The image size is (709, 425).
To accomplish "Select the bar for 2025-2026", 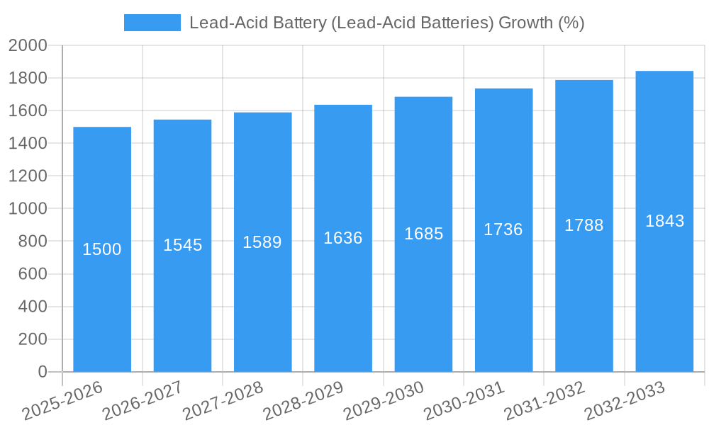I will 102,249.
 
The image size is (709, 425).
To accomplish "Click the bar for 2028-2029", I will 343,238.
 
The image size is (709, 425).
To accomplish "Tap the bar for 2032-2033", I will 664,221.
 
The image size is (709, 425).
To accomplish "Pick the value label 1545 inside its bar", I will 183,245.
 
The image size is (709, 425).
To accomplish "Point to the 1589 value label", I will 262,242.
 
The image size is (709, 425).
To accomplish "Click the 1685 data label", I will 424,234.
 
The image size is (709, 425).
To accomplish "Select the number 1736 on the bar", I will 503,229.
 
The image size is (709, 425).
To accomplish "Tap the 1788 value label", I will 584,225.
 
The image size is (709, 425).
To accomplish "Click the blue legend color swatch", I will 152,23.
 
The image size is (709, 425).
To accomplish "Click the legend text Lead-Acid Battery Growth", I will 386,23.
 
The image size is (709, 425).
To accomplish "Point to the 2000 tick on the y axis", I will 28,46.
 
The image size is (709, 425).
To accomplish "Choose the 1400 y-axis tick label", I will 28,144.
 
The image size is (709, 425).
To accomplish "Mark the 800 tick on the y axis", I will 33,242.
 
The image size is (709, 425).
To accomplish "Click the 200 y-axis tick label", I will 33,339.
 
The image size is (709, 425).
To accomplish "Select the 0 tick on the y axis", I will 43,372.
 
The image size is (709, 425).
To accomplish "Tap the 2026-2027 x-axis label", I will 143,401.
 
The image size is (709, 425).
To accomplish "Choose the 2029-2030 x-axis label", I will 384,401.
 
